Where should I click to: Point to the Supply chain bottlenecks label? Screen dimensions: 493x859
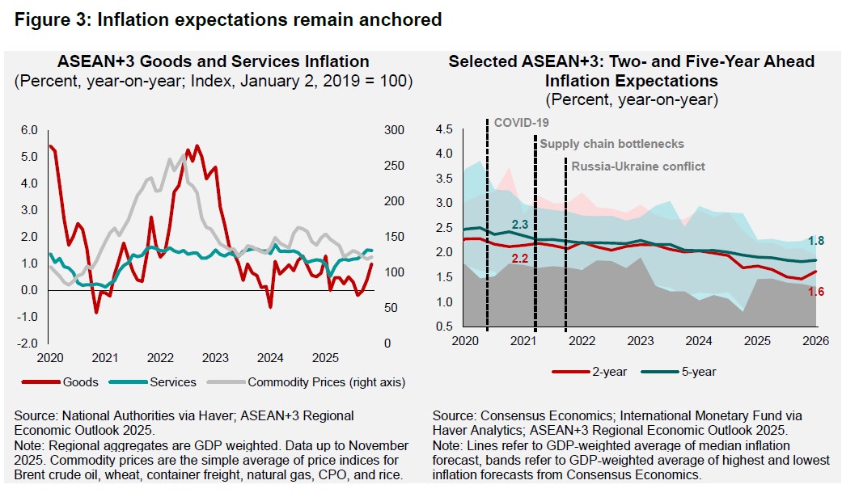[611, 144]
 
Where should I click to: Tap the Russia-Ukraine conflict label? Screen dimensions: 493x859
[638, 166]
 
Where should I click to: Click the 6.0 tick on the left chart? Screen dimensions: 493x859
[30, 130]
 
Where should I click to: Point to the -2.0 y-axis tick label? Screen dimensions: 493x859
[28, 343]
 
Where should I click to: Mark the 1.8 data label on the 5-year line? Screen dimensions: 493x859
[815, 240]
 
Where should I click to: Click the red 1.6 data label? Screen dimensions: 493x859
[815, 292]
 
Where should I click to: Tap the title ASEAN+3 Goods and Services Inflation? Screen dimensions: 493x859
[213, 61]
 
